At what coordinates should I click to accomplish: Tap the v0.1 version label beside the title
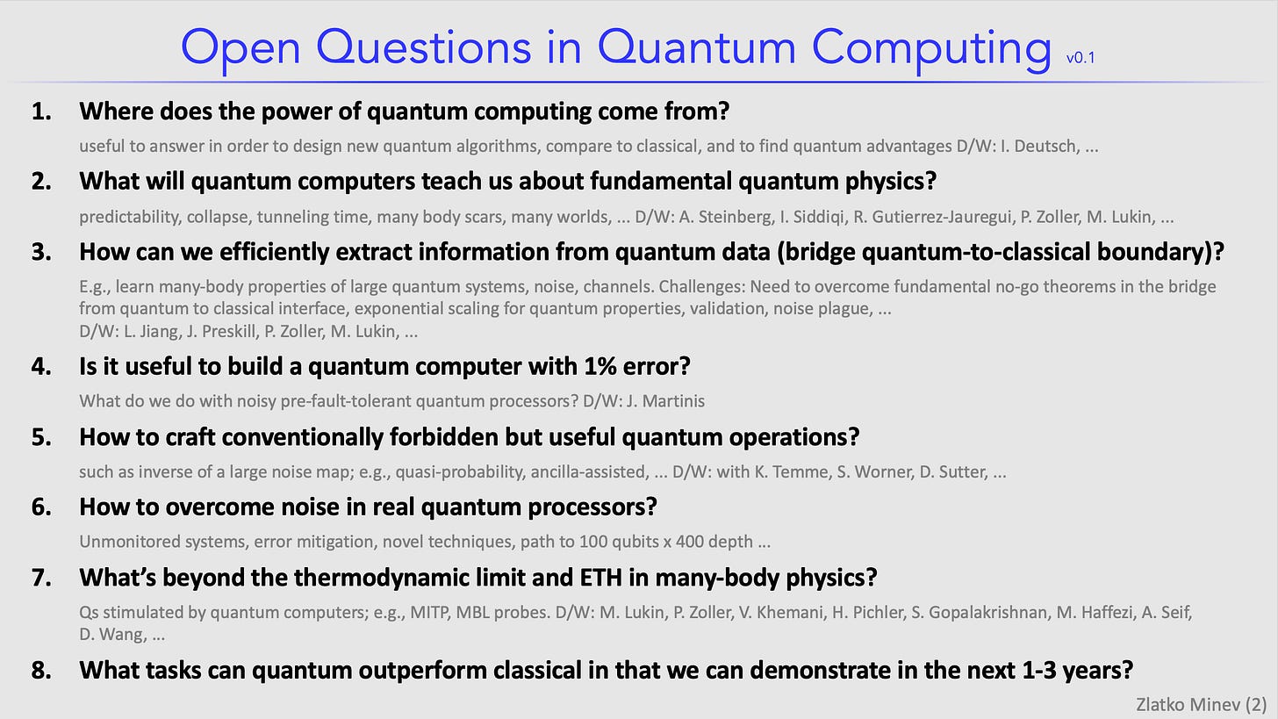[x=1080, y=58]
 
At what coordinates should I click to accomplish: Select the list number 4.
[x=41, y=366]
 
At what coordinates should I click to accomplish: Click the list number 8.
[x=41, y=670]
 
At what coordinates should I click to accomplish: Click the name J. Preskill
[x=221, y=332]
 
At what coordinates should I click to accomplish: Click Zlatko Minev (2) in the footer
[x=1201, y=705]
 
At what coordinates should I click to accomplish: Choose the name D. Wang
[x=112, y=635]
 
